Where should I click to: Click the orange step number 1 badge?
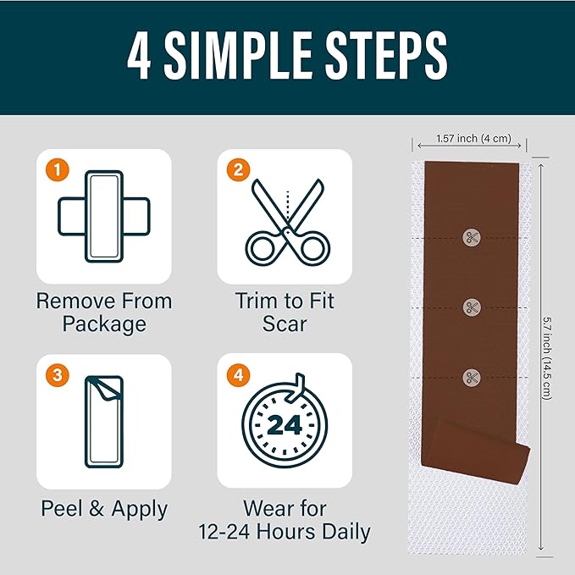[x=58, y=169]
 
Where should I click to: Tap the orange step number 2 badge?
[x=238, y=169]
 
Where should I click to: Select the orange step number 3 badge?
[x=58, y=375]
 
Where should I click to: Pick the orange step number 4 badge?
[x=238, y=375]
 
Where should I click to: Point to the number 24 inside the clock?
[x=285, y=425]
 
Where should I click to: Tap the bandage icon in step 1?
[x=104, y=216]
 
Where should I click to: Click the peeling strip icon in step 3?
[x=104, y=422]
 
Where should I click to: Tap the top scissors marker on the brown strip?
[x=472, y=238]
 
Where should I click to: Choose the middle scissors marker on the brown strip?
[x=472, y=307]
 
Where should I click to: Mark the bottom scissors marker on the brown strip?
[x=472, y=378]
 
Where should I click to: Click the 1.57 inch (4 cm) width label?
[x=473, y=139]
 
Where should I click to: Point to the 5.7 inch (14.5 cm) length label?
[x=547, y=358]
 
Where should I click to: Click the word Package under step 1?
[x=104, y=324]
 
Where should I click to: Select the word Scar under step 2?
[x=285, y=324]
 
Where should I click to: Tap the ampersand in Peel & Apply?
[x=97, y=509]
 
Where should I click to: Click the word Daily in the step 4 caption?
[x=347, y=532]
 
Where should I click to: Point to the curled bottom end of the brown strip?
[x=476, y=451]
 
